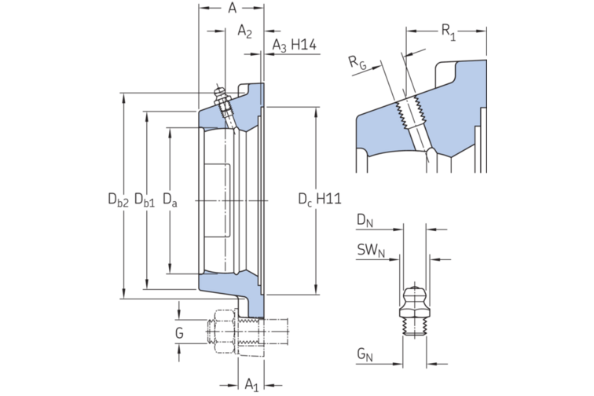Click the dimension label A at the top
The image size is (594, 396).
click(232, 9)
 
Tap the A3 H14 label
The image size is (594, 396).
click(294, 46)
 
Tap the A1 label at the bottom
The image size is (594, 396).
click(251, 384)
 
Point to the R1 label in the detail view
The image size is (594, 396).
click(448, 31)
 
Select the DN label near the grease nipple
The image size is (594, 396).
click(364, 221)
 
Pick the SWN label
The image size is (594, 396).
click(369, 251)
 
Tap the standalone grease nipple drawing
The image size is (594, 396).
click(415, 310)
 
